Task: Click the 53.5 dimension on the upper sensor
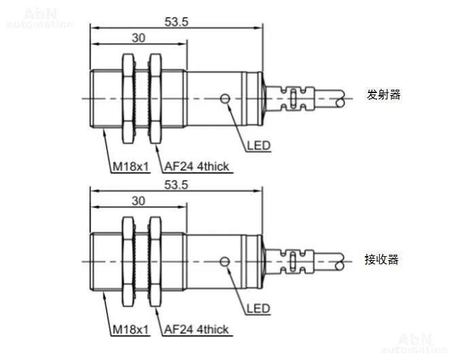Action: click(176, 21)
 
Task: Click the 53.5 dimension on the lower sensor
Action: click(176, 184)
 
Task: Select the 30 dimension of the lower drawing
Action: click(138, 201)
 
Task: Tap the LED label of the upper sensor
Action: click(258, 145)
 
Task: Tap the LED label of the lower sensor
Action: click(258, 308)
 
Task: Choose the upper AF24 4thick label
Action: click(196, 166)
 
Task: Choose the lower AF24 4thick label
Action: click(196, 329)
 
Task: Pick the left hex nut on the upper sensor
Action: click(127, 99)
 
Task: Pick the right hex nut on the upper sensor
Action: click(155, 99)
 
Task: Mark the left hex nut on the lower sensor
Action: click(127, 262)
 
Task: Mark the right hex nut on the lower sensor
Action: click(155, 262)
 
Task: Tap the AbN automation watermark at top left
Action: click(39, 18)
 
